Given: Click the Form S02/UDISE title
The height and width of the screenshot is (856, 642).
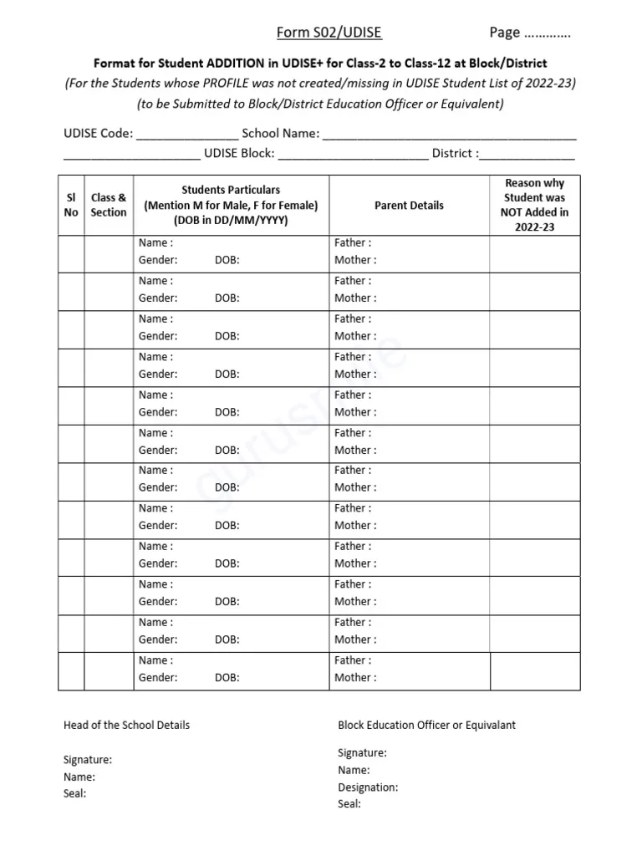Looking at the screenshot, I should point(329,33).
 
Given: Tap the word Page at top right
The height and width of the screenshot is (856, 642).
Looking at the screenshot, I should point(506,33).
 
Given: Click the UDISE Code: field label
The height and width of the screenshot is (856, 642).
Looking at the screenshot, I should point(98,133).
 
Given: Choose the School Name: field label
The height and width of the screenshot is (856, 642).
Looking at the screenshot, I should point(280,133).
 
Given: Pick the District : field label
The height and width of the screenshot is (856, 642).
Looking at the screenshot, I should point(455,154).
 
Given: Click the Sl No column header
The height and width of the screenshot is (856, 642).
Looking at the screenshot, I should point(71,205).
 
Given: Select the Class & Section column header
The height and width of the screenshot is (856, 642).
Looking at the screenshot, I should point(109,205).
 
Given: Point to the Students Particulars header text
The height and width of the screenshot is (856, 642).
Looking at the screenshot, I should point(231,191).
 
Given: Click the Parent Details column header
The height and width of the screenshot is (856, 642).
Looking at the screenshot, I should point(409,205).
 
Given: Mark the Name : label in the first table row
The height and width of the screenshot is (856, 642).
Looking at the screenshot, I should point(155,243).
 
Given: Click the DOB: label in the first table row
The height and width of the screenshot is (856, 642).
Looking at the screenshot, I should point(227,260).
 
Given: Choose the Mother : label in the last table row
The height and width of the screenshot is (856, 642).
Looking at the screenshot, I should point(355,678).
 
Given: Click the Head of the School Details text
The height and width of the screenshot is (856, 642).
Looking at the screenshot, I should point(126,725).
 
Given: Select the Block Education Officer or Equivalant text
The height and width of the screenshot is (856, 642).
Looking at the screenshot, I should point(426,725).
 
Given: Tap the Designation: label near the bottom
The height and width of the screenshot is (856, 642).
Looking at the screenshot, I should point(368,787).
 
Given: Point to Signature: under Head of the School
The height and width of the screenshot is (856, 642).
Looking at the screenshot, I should point(88,760).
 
